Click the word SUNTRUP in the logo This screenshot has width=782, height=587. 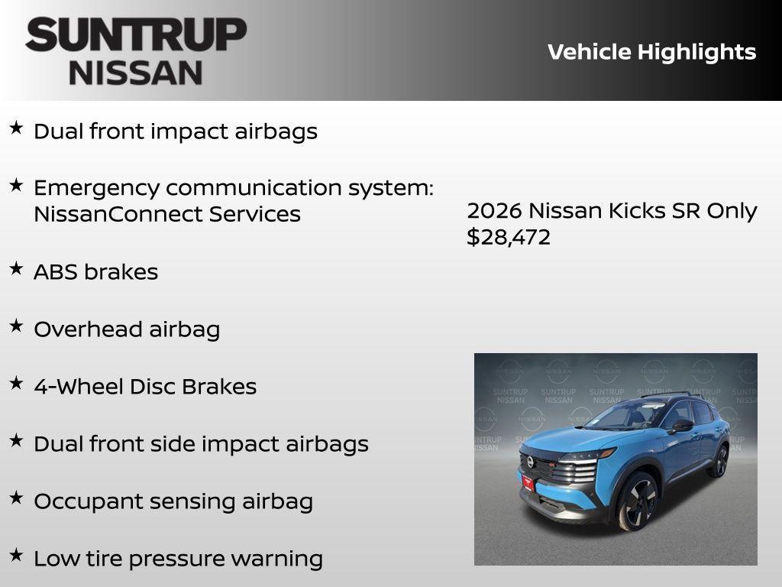click(x=136, y=35)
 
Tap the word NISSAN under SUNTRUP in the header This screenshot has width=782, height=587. click(x=136, y=73)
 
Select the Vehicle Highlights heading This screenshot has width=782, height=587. click(x=651, y=52)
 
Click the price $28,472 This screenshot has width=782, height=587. click(x=509, y=237)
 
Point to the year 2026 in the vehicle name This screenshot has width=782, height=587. click(x=494, y=211)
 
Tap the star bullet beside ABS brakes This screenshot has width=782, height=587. click(x=16, y=268)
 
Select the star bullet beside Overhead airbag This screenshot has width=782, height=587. click(x=16, y=326)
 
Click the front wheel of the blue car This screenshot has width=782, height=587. click(x=636, y=501)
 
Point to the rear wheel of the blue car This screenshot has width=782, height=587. click(x=718, y=461)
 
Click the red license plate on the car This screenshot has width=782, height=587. click(x=528, y=482)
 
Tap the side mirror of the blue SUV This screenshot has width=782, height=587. click(x=681, y=425)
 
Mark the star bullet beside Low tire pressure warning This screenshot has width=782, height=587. click(x=16, y=555)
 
